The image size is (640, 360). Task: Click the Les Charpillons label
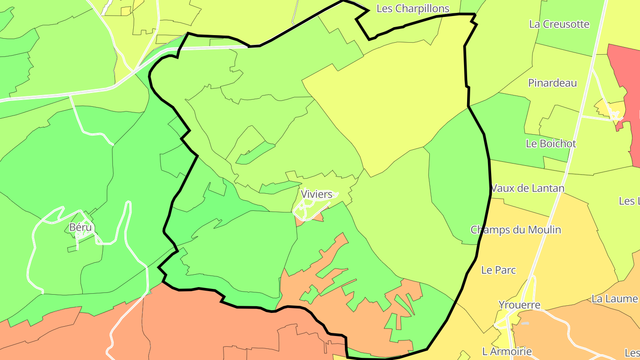pyautogui.click(x=412, y=8)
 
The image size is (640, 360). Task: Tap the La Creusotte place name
pyautogui.click(x=559, y=24)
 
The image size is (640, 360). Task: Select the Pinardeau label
pyautogui.click(x=552, y=83)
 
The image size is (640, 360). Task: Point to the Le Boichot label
pyautogui.click(x=551, y=144)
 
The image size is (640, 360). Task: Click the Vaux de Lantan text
pyautogui.click(x=528, y=188)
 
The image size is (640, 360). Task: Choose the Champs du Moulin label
pyautogui.click(x=516, y=230)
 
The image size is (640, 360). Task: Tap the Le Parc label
pyautogui.click(x=499, y=270)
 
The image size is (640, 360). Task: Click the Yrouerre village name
pyautogui.click(x=519, y=305)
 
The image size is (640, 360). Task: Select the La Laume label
pyautogui.click(x=615, y=299)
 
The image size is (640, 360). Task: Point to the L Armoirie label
pyautogui.click(x=507, y=352)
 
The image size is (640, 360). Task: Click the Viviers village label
pyautogui.click(x=316, y=194)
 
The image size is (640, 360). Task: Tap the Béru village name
pyautogui.click(x=80, y=228)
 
